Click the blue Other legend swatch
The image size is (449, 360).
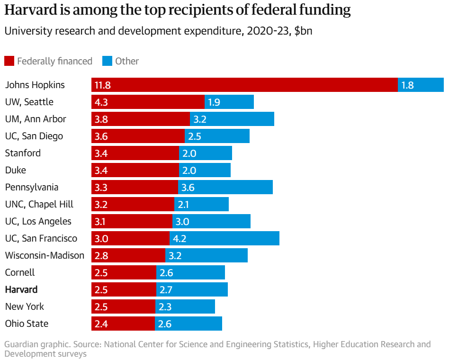(107, 61)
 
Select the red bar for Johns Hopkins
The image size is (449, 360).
(244, 85)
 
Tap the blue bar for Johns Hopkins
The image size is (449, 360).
(421, 85)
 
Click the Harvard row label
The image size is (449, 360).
(21, 289)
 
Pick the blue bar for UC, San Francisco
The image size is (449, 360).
(224, 238)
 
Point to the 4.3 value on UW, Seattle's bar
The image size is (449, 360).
(102, 102)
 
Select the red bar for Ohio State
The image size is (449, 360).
(123, 324)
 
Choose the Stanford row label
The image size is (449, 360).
(23, 153)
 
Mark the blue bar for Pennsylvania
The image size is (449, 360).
(225, 187)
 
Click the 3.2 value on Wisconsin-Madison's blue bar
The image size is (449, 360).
(175, 256)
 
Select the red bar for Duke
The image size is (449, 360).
(135, 170)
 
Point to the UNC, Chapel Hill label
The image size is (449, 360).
(39, 204)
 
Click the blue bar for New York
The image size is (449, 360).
(185, 306)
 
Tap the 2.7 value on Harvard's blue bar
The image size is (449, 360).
(166, 290)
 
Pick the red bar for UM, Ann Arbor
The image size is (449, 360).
(141, 119)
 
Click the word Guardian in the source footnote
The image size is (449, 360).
(21, 344)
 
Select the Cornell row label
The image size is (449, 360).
(20, 272)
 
